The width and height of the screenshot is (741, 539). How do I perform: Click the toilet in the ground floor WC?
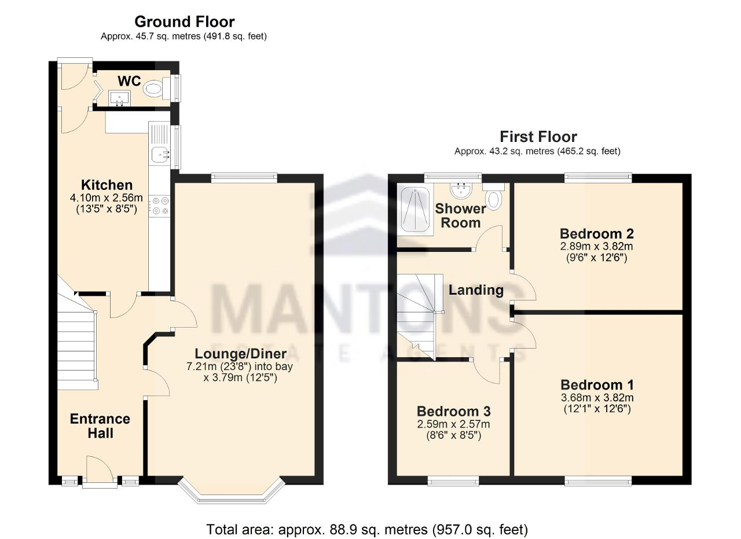[156, 89]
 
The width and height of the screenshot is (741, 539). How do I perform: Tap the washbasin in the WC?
[119, 98]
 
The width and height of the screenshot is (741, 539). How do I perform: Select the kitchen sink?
[160, 155]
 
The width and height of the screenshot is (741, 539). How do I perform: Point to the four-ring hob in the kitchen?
[159, 206]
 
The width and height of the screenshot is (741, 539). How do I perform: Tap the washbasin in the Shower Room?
[461, 190]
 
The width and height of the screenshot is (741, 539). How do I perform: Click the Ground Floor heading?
[185, 22]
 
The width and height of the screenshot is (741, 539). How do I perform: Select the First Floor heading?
[538, 137]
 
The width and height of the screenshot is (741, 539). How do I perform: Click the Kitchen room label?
[107, 185]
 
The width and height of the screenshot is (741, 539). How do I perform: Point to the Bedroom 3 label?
[453, 411]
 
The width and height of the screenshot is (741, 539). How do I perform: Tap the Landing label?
[476, 290]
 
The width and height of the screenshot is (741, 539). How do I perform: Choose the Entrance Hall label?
[100, 426]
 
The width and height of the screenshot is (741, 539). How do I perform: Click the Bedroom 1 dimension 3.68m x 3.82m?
[597, 397]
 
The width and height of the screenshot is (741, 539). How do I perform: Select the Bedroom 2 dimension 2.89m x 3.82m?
[596, 246]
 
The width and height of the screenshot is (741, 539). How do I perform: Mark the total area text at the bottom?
[367, 529]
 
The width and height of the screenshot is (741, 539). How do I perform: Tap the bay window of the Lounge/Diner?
[231, 492]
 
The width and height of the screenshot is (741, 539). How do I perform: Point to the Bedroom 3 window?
[453, 481]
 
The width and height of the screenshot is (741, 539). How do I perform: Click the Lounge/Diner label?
[240, 354]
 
